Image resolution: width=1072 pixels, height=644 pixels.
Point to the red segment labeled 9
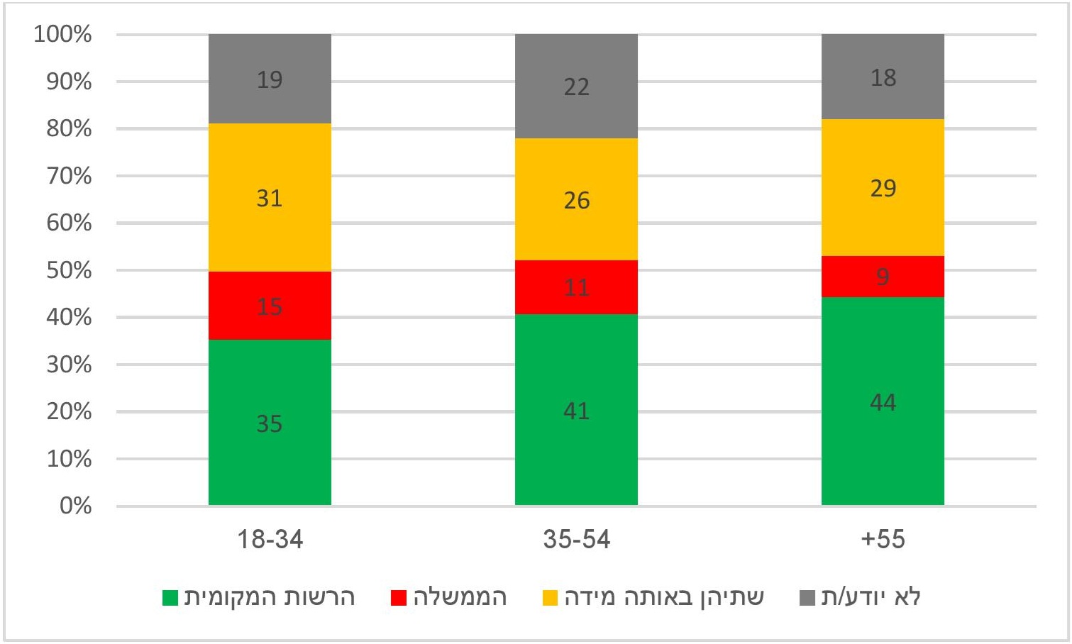coord(883,277)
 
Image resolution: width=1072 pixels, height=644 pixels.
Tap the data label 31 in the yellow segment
coord(270,198)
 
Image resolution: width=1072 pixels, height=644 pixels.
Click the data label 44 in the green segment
coord(883,403)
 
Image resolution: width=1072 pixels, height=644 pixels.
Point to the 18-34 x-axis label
coord(270,540)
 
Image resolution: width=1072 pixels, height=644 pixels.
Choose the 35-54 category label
coord(576,540)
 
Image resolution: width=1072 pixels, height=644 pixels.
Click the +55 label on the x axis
coord(883,540)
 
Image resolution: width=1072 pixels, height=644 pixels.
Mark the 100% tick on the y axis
coord(63,34)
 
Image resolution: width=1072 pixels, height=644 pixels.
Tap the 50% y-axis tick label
coord(69,270)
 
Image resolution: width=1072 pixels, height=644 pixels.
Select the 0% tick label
coord(75,506)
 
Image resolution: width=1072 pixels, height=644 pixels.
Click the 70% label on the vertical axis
coord(69,176)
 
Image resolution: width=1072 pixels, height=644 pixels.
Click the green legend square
coord(170,598)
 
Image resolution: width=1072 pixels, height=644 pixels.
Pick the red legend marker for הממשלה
coord(399,598)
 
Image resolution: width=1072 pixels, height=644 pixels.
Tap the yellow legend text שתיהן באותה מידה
coord(664,597)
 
